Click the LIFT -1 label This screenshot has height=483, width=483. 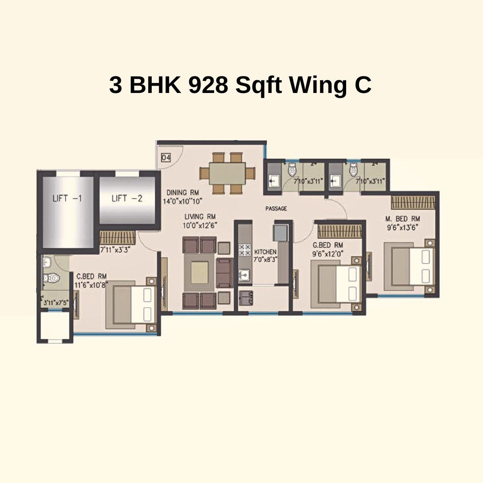coord(67,198)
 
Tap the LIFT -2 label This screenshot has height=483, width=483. coord(127,198)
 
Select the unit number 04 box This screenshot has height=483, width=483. coord(166,157)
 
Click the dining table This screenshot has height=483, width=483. coord(228,173)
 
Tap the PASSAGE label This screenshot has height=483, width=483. coord(276,208)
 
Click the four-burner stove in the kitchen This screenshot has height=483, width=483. coord(244,250)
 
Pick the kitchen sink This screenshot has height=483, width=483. coord(244,276)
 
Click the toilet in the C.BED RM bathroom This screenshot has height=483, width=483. coord(51,278)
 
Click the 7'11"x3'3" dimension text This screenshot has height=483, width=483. coord(115,250)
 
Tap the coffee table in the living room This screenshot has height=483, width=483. coord(200,272)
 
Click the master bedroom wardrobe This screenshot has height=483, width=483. coord(413,202)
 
